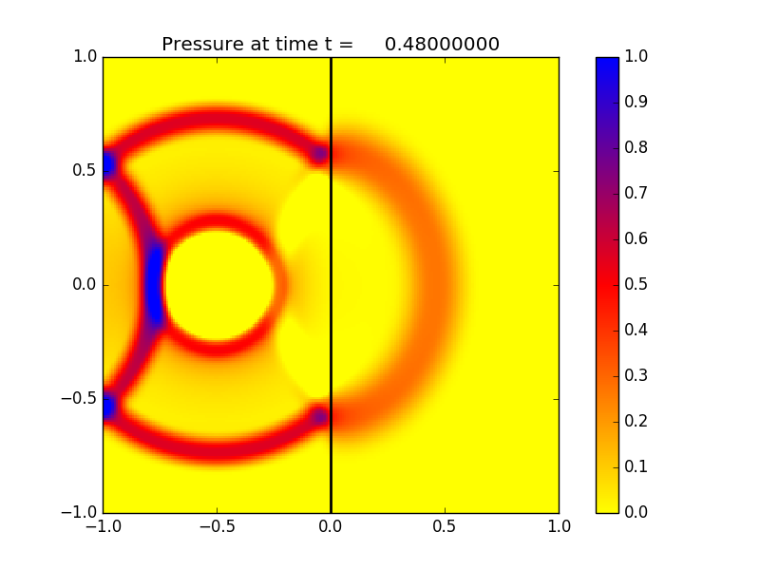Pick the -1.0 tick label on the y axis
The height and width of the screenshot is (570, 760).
point(78,513)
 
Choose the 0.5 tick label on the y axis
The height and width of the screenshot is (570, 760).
point(84,171)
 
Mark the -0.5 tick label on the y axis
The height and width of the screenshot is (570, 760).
point(78,399)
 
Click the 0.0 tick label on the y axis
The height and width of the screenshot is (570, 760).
point(84,285)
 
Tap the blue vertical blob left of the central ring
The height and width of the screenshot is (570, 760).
point(153,285)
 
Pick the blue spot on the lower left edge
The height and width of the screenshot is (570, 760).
point(108,407)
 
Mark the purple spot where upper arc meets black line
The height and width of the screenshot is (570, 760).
point(320,153)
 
